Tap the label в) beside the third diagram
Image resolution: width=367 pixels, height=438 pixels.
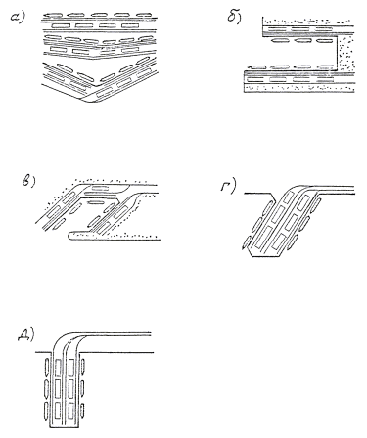pos(28,182)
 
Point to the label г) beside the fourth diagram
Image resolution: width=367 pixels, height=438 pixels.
pos(228,187)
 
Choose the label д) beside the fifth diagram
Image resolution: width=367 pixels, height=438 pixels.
pos(26,334)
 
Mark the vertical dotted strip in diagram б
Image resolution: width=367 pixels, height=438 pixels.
pos(345,54)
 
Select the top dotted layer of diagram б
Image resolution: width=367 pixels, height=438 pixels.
pos(307,22)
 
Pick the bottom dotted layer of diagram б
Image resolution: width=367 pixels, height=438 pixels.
pos(299,88)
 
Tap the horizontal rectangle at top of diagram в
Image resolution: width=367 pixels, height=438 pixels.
pos(101,188)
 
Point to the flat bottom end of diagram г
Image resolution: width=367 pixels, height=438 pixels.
pos(266,256)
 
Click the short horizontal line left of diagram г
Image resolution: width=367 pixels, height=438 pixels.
pos(257,194)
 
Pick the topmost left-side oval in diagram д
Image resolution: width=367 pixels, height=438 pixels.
pos(47,366)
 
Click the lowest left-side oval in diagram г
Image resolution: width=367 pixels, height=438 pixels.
pos(246,242)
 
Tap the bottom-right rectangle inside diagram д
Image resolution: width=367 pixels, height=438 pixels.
pos(72,412)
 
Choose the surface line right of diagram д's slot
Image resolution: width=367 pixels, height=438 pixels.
pos(116,352)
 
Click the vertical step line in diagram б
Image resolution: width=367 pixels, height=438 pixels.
pos(337,54)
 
